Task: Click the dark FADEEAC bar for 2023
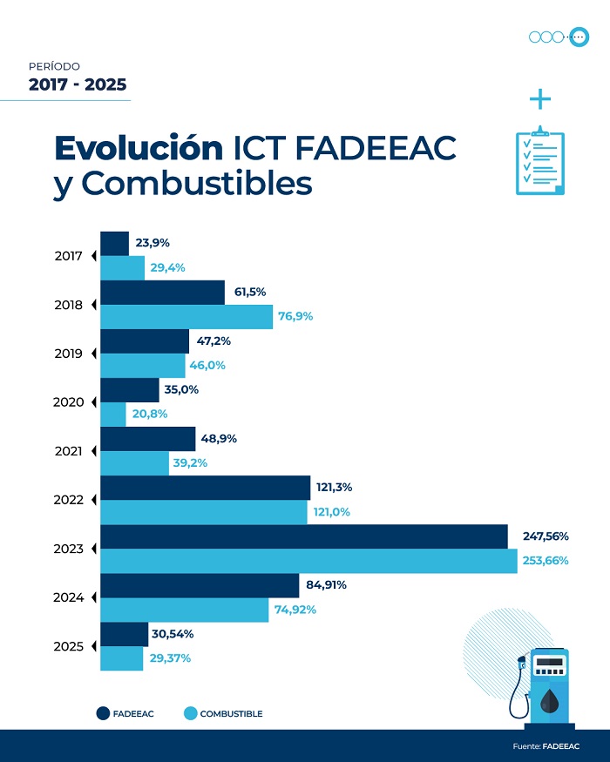[x=304, y=536]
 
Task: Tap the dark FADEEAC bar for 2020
[x=130, y=390]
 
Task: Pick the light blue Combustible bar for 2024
[x=185, y=610]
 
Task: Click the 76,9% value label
[x=295, y=317]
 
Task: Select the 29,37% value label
[x=169, y=658]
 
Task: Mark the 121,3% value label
[x=335, y=487]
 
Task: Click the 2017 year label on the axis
[x=68, y=257]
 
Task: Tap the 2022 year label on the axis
[x=68, y=501]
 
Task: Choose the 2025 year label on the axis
[x=68, y=647]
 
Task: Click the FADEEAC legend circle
[x=103, y=714]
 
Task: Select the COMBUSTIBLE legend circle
[x=190, y=714]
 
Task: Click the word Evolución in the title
[x=139, y=149]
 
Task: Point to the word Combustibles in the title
[x=196, y=185]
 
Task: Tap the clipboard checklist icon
[x=539, y=162]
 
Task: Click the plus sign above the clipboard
[x=540, y=99]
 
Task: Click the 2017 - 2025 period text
[x=78, y=84]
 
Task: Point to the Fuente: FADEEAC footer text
[x=546, y=746]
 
